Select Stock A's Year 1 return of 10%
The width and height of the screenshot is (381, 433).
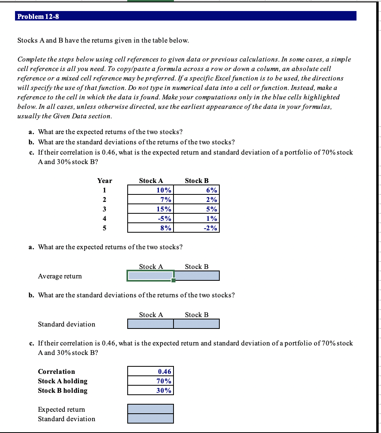click(151, 190)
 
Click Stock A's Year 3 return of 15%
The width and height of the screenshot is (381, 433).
click(151, 209)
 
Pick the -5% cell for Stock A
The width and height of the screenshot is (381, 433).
click(151, 218)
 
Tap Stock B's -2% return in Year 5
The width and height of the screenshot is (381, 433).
click(196, 228)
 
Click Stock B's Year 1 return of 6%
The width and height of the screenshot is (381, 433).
click(196, 190)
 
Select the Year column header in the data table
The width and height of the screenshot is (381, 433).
click(105, 181)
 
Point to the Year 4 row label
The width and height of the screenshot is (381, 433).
click(105, 218)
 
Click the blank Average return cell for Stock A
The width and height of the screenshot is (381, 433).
click(151, 276)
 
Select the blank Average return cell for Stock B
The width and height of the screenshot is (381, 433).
click(196, 276)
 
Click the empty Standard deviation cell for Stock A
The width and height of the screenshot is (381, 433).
click(151, 324)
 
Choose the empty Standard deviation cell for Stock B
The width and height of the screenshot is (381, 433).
click(196, 324)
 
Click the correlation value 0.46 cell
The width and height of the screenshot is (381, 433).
click(151, 371)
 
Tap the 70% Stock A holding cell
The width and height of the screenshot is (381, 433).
click(151, 381)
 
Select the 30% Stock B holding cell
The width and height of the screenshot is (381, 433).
click(151, 390)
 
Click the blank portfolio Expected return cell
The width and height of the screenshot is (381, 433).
click(151, 409)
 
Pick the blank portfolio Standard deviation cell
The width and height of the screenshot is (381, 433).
click(151, 418)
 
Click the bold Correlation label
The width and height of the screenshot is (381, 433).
click(56, 371)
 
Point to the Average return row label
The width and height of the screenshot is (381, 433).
click(60, 276)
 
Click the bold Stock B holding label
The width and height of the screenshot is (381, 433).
click(62, 390)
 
